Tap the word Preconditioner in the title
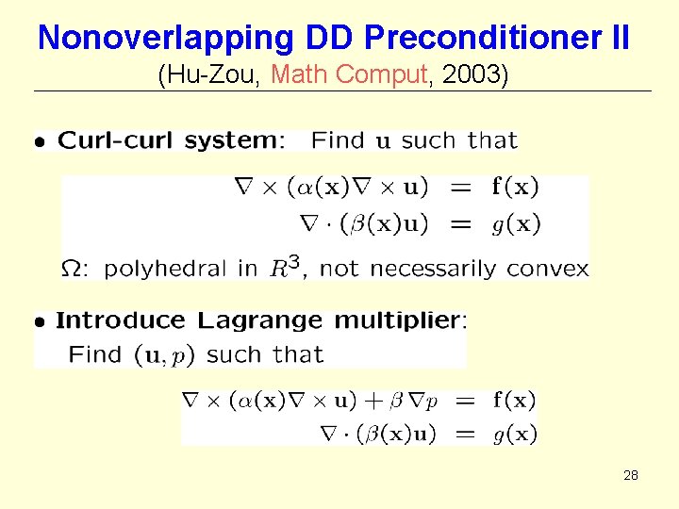click(x=483, y=38)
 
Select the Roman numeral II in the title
click(x=620, y=38)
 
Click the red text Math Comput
click(x=349, y=74)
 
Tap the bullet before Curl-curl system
click(x=39, y=143)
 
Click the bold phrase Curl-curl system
click(x=168, y=141)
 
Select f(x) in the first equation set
click(x=516, y=187)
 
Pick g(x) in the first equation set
click(x=516, y=224)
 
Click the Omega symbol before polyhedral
click(x=71, y=269)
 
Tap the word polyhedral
click(x=167, y=269)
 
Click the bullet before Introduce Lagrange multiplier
click(x=39, y=322)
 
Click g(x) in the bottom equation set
click(x=515, y=435)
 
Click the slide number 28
click(x=631, y=476)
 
